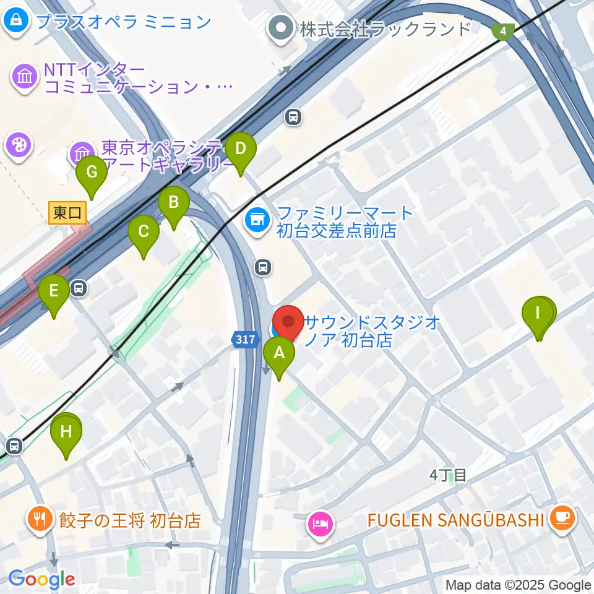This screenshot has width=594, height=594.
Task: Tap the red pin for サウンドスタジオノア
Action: point(288,322)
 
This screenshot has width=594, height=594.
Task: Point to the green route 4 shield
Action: point(504,30)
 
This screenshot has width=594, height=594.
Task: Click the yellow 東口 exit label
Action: point(67,213)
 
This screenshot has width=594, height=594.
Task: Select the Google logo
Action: point(41,579)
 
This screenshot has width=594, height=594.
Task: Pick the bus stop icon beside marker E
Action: point(79,288)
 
